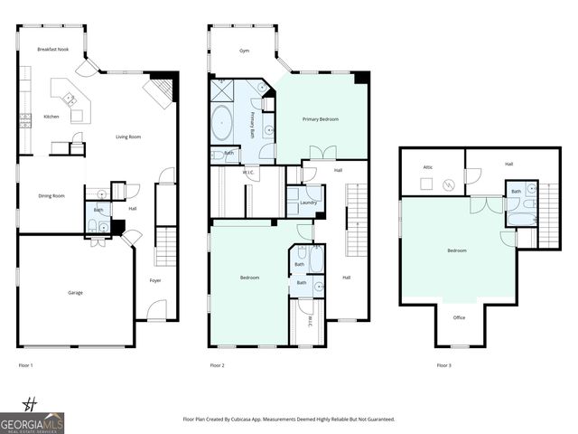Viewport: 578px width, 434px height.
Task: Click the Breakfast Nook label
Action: pos(53,49)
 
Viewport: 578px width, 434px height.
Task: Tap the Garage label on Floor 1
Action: pos(76,293)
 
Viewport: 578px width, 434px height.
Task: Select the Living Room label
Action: pos(128,137)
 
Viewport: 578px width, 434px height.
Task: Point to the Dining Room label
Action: pos(51,195)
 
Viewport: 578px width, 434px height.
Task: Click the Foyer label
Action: pos(155,280)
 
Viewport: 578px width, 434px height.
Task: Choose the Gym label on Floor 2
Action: pos(244,52)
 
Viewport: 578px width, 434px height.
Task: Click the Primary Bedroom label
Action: pos(321,118)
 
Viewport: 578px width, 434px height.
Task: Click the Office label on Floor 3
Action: pos(460,317)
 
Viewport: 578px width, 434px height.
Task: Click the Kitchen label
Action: pos(51,117)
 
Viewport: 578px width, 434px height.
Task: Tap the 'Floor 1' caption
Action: pos(25,365)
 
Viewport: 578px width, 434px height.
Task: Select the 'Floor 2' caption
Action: pos(217,365)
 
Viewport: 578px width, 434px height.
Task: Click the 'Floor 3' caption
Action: pos(443,365)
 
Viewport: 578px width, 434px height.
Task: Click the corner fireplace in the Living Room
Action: pos(160,90)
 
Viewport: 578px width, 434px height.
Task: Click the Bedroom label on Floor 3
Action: pos(456,250)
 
